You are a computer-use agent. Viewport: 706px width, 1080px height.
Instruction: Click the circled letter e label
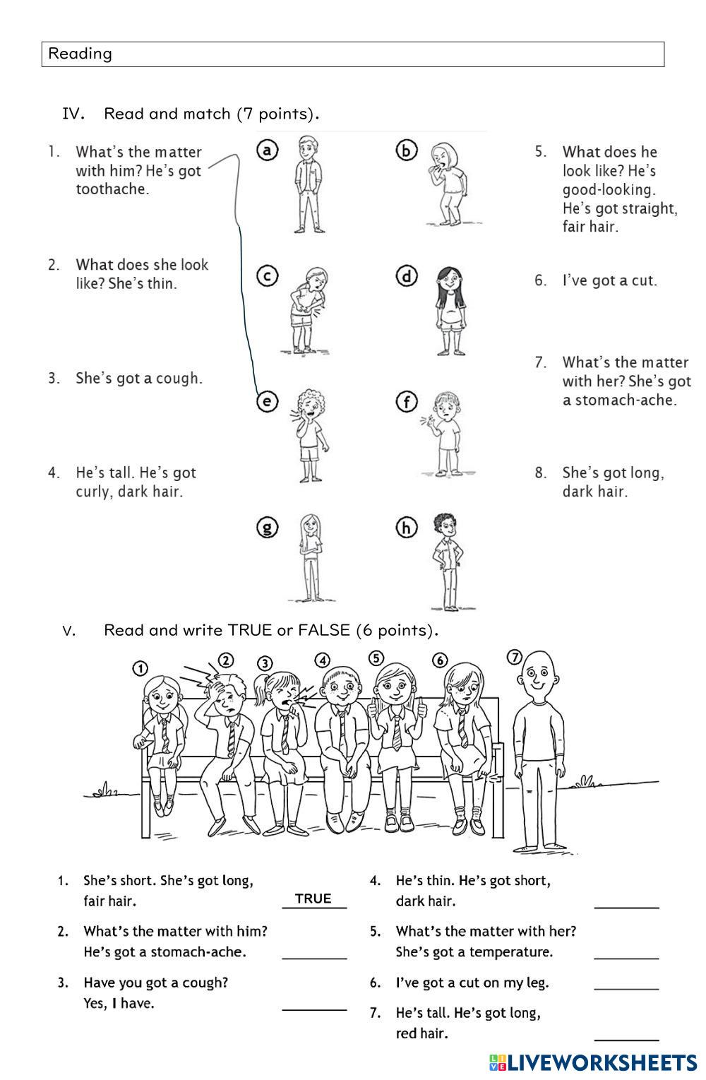click(x=266, y=402)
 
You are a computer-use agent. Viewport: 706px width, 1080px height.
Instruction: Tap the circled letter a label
click(x=267, y=150)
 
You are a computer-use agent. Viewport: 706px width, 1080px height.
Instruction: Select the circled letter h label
click(x=407, y=528)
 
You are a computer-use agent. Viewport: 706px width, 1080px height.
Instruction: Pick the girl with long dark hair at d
click(x=449, y=310)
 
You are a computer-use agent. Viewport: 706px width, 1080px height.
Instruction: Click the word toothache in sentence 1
click(x=113, y=189)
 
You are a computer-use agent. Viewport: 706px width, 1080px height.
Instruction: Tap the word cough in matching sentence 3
click(x=179, y=378)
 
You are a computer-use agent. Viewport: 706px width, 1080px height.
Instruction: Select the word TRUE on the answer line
click(x=313, y=898)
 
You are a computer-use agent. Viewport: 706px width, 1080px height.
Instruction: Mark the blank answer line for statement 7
click(x=626, y=1038)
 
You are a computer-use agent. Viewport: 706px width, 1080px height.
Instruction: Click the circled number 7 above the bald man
click(x=515, y=658)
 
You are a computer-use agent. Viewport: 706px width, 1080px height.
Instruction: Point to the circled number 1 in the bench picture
click(x=140, y=669)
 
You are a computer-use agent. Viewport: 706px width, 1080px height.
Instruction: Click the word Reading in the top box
click(x=80, y=54)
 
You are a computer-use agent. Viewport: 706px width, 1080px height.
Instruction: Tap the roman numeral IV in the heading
click(x=73, y=114)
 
